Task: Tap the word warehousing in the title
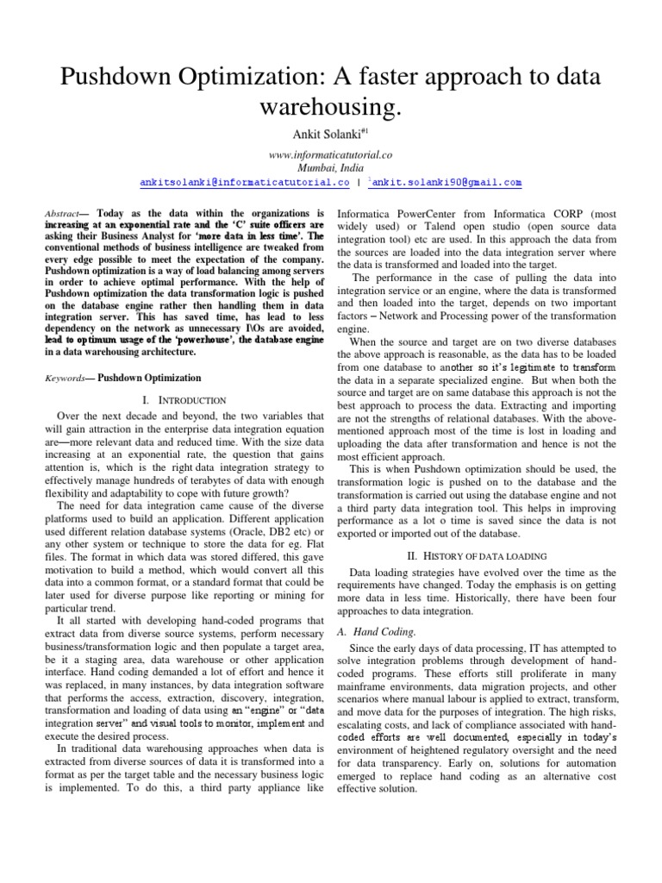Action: pos(331,110)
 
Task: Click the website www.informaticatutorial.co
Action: pos(331,156)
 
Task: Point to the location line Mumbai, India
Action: pos(331,169)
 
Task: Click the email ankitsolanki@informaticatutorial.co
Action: pos(244,183)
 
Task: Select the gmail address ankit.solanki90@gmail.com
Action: pos(447,183)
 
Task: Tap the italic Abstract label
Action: pos(63,213)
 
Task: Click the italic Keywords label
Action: pos(66,378)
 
